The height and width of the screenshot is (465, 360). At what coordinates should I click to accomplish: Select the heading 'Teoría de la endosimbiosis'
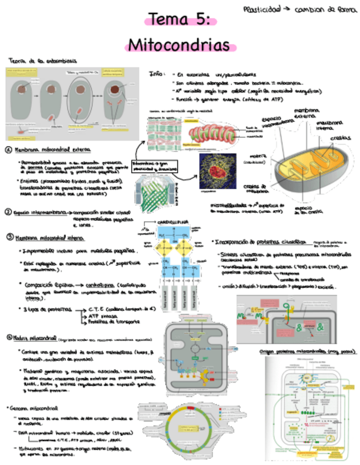pyautogui.click(x=43, y=60)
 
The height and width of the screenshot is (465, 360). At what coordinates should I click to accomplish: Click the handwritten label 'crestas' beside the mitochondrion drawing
pyautogui.click(x=341, y=138)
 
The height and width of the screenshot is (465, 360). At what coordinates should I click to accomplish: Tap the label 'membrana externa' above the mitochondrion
pyautogui.click(x=307, y=114)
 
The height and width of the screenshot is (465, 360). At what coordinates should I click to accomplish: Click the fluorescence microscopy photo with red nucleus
pyautogui.click(x=217, y=171)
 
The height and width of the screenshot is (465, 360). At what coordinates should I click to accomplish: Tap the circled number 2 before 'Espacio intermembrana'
pyautogui.click(x=9, y=212)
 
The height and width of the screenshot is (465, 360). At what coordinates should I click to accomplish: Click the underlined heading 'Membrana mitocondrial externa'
pyautogui.click(x=53, y=150)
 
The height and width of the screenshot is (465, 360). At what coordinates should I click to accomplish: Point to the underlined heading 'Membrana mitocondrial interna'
pyautogui.click(x=49, y=237)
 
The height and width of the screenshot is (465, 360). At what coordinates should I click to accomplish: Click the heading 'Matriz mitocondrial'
pyautogui.click(x=36, y=337)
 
